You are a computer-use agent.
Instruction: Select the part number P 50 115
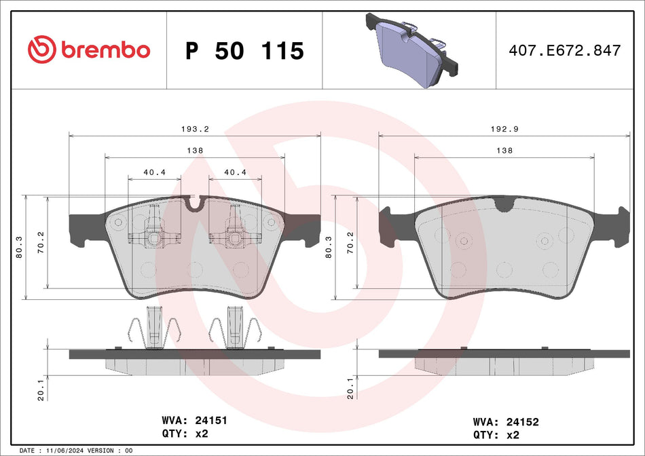(244, 51)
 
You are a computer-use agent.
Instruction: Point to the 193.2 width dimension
(195, 128)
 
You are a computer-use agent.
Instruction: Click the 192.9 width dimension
(504, 128)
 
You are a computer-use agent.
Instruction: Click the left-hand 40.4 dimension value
(155, 172)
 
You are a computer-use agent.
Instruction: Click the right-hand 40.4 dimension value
(235, 172)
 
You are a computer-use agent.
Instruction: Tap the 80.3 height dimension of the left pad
(20, 247)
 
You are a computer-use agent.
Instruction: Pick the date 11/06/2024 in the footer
(64, 451)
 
